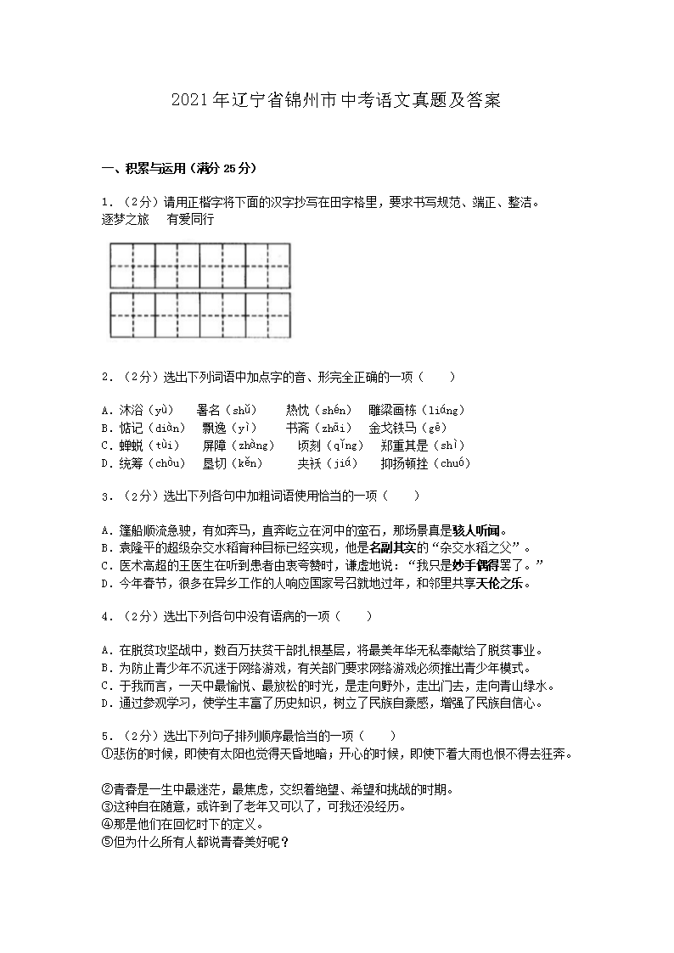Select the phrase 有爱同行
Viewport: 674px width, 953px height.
click(x=190, y=219)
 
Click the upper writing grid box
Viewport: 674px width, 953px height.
click(x=200, y=265)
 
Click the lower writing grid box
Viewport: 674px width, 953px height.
click(x=200, y=315)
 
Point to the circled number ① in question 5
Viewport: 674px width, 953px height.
click(x=106, y=754)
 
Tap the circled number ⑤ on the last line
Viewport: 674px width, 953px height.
click(x=106, y=842)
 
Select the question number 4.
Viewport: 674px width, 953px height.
click(x=105, y=615)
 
